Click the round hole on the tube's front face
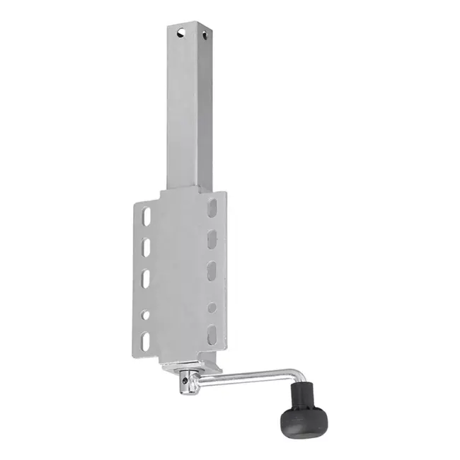182,32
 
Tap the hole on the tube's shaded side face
205,33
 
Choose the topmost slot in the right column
212,208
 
